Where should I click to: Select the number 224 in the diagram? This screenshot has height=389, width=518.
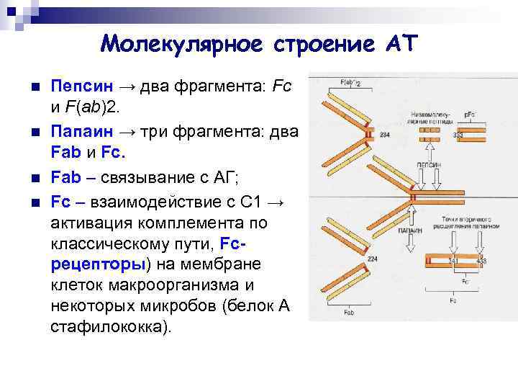372,259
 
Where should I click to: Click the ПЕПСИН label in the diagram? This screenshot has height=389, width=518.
429,165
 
